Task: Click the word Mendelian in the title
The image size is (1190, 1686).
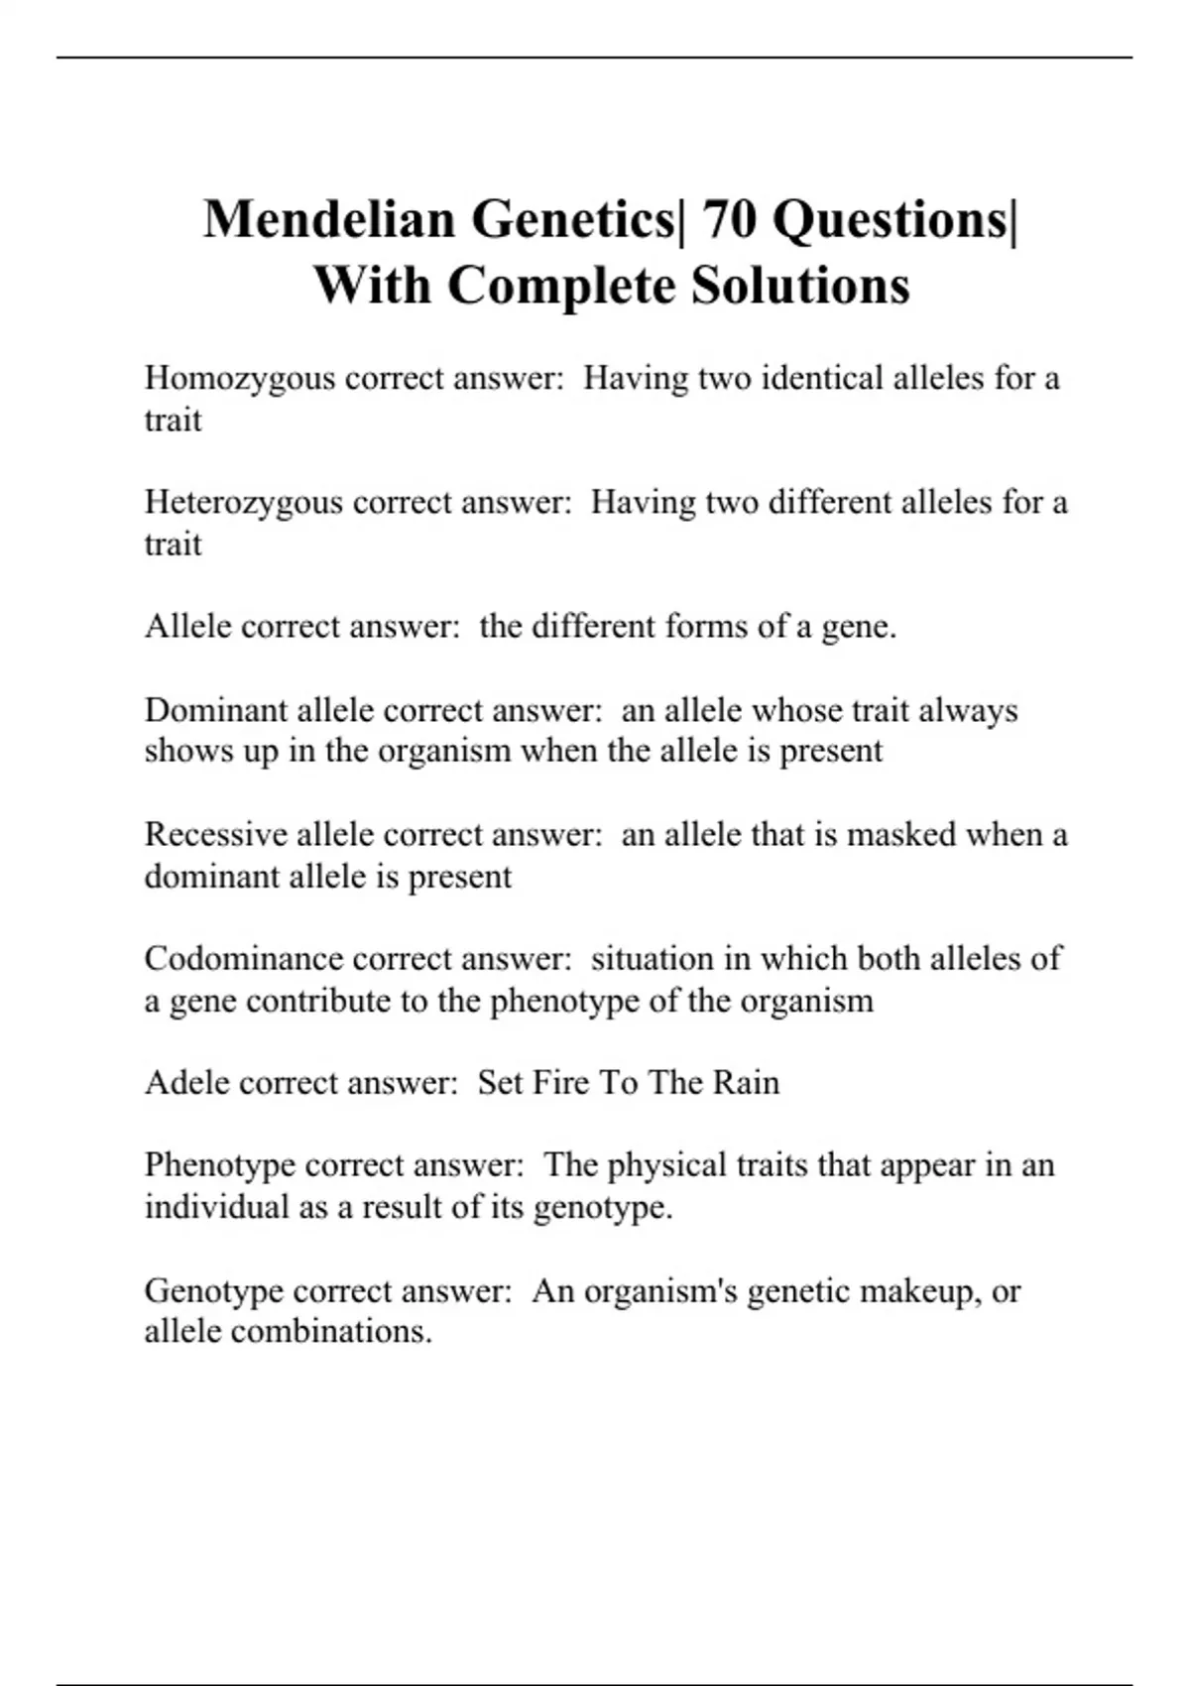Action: (x=330, y=219)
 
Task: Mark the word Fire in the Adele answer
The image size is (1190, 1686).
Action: (x=558, y=1082)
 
